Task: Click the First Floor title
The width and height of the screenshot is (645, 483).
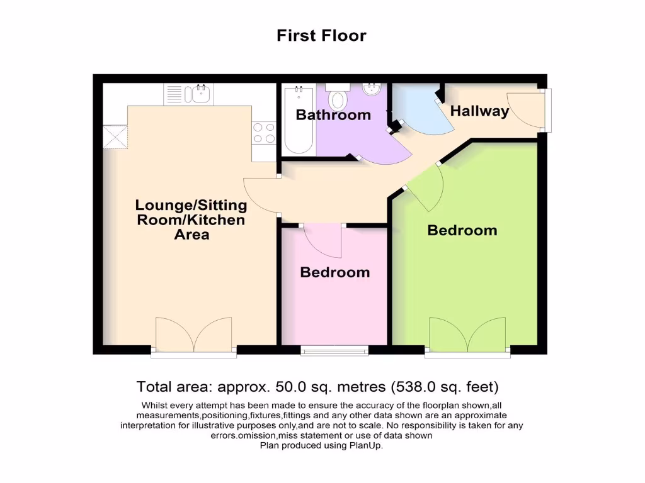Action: pyautogui.click(x=321, y=36)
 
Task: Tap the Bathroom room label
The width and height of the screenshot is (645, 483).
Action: pyautogui.click(x=333, y=115)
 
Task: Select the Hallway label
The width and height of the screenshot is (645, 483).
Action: pyautogui.click(x=479, y=111)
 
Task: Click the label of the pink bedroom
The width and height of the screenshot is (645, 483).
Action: pyautogui.click(x=334, y=272)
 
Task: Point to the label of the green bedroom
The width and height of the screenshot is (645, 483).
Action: pyautogui.click(x=462, y=230)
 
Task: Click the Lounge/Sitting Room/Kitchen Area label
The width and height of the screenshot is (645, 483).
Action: pyautogui.click(x=191, y=219)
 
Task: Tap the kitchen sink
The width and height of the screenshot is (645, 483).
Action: pyautogui.click(x=201, y=94)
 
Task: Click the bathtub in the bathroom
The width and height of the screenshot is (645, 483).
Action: pyautogui.click(x=299, y=119)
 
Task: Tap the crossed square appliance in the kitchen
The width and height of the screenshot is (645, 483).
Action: pyautogui.click(x=115, y=136)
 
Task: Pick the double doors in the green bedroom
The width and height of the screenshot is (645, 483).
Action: pyautogui.click(x=467, y=335)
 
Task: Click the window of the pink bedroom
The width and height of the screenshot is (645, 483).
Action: pyautogui.click(x=334, y=350)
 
